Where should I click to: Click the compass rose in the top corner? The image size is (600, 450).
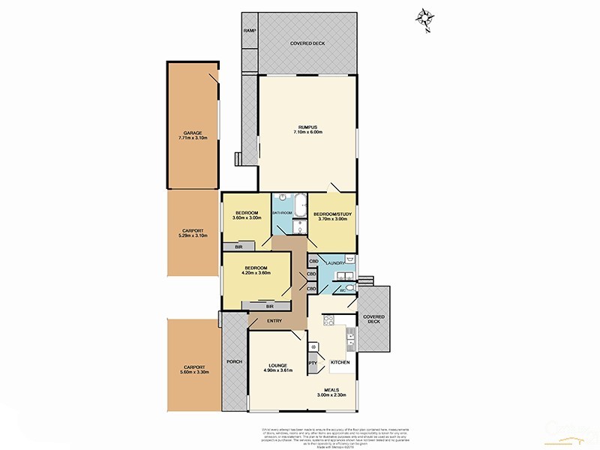coord(427,18)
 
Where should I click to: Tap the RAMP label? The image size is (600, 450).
coord(250,31)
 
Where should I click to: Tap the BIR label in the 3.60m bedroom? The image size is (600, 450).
coord(238,247)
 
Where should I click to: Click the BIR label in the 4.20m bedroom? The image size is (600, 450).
coord(268,307)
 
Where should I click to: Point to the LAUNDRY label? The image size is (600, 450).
coord(334,263)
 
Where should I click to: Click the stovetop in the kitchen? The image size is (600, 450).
coord(328,320)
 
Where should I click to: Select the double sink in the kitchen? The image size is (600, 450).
coord(349,338)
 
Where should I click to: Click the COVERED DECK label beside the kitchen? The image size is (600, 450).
coord(373,319)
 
